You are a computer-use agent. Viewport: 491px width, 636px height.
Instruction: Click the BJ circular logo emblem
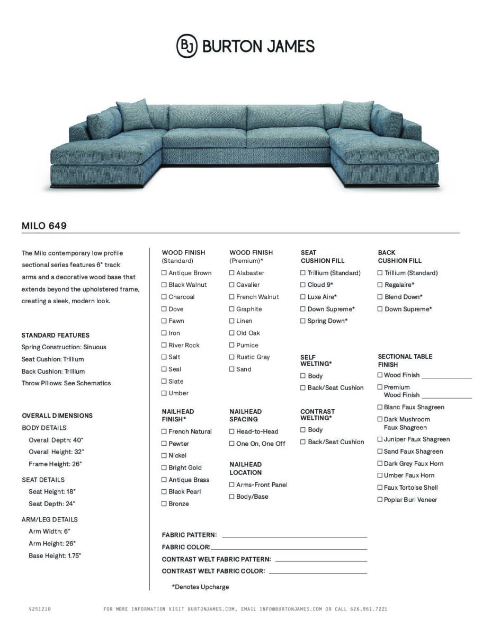coord(186,46)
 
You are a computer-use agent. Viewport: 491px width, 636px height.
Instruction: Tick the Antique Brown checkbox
coord(164,273)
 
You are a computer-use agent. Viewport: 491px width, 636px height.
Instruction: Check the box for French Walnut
coord(232,297)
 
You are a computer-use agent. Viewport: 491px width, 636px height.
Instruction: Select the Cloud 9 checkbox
coord(303,285)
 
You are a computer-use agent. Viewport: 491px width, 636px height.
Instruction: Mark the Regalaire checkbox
coord(380,285)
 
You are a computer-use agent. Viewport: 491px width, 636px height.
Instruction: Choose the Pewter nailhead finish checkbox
coord(164,444)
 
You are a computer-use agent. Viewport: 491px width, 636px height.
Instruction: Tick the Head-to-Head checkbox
coord(232,431)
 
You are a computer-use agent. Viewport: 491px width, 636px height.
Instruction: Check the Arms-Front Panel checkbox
coord(232,484)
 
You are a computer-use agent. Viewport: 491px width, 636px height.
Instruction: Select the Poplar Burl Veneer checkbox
coord(380,499)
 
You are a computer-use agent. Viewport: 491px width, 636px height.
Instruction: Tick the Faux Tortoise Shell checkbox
coord(380,487)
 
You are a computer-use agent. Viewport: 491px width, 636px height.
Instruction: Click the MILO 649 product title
coord(44,226)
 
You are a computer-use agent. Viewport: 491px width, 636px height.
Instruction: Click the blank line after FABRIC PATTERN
coord(294,536)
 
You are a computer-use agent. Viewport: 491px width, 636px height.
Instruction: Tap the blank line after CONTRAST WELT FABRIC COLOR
coord(318,572)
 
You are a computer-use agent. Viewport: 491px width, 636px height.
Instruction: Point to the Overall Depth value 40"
coord(79,440)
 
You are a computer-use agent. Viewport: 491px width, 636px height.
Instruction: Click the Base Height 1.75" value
coord(74,556)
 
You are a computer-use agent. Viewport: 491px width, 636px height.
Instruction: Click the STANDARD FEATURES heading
coord(55,335)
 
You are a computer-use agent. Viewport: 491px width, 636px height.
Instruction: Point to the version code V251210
coord(40,609)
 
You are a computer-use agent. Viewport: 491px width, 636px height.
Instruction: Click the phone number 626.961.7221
coord(369,609)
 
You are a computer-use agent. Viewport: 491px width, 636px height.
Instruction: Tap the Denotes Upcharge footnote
coord(200,587)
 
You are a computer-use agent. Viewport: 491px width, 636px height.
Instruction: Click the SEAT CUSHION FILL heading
coord(322,257)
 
